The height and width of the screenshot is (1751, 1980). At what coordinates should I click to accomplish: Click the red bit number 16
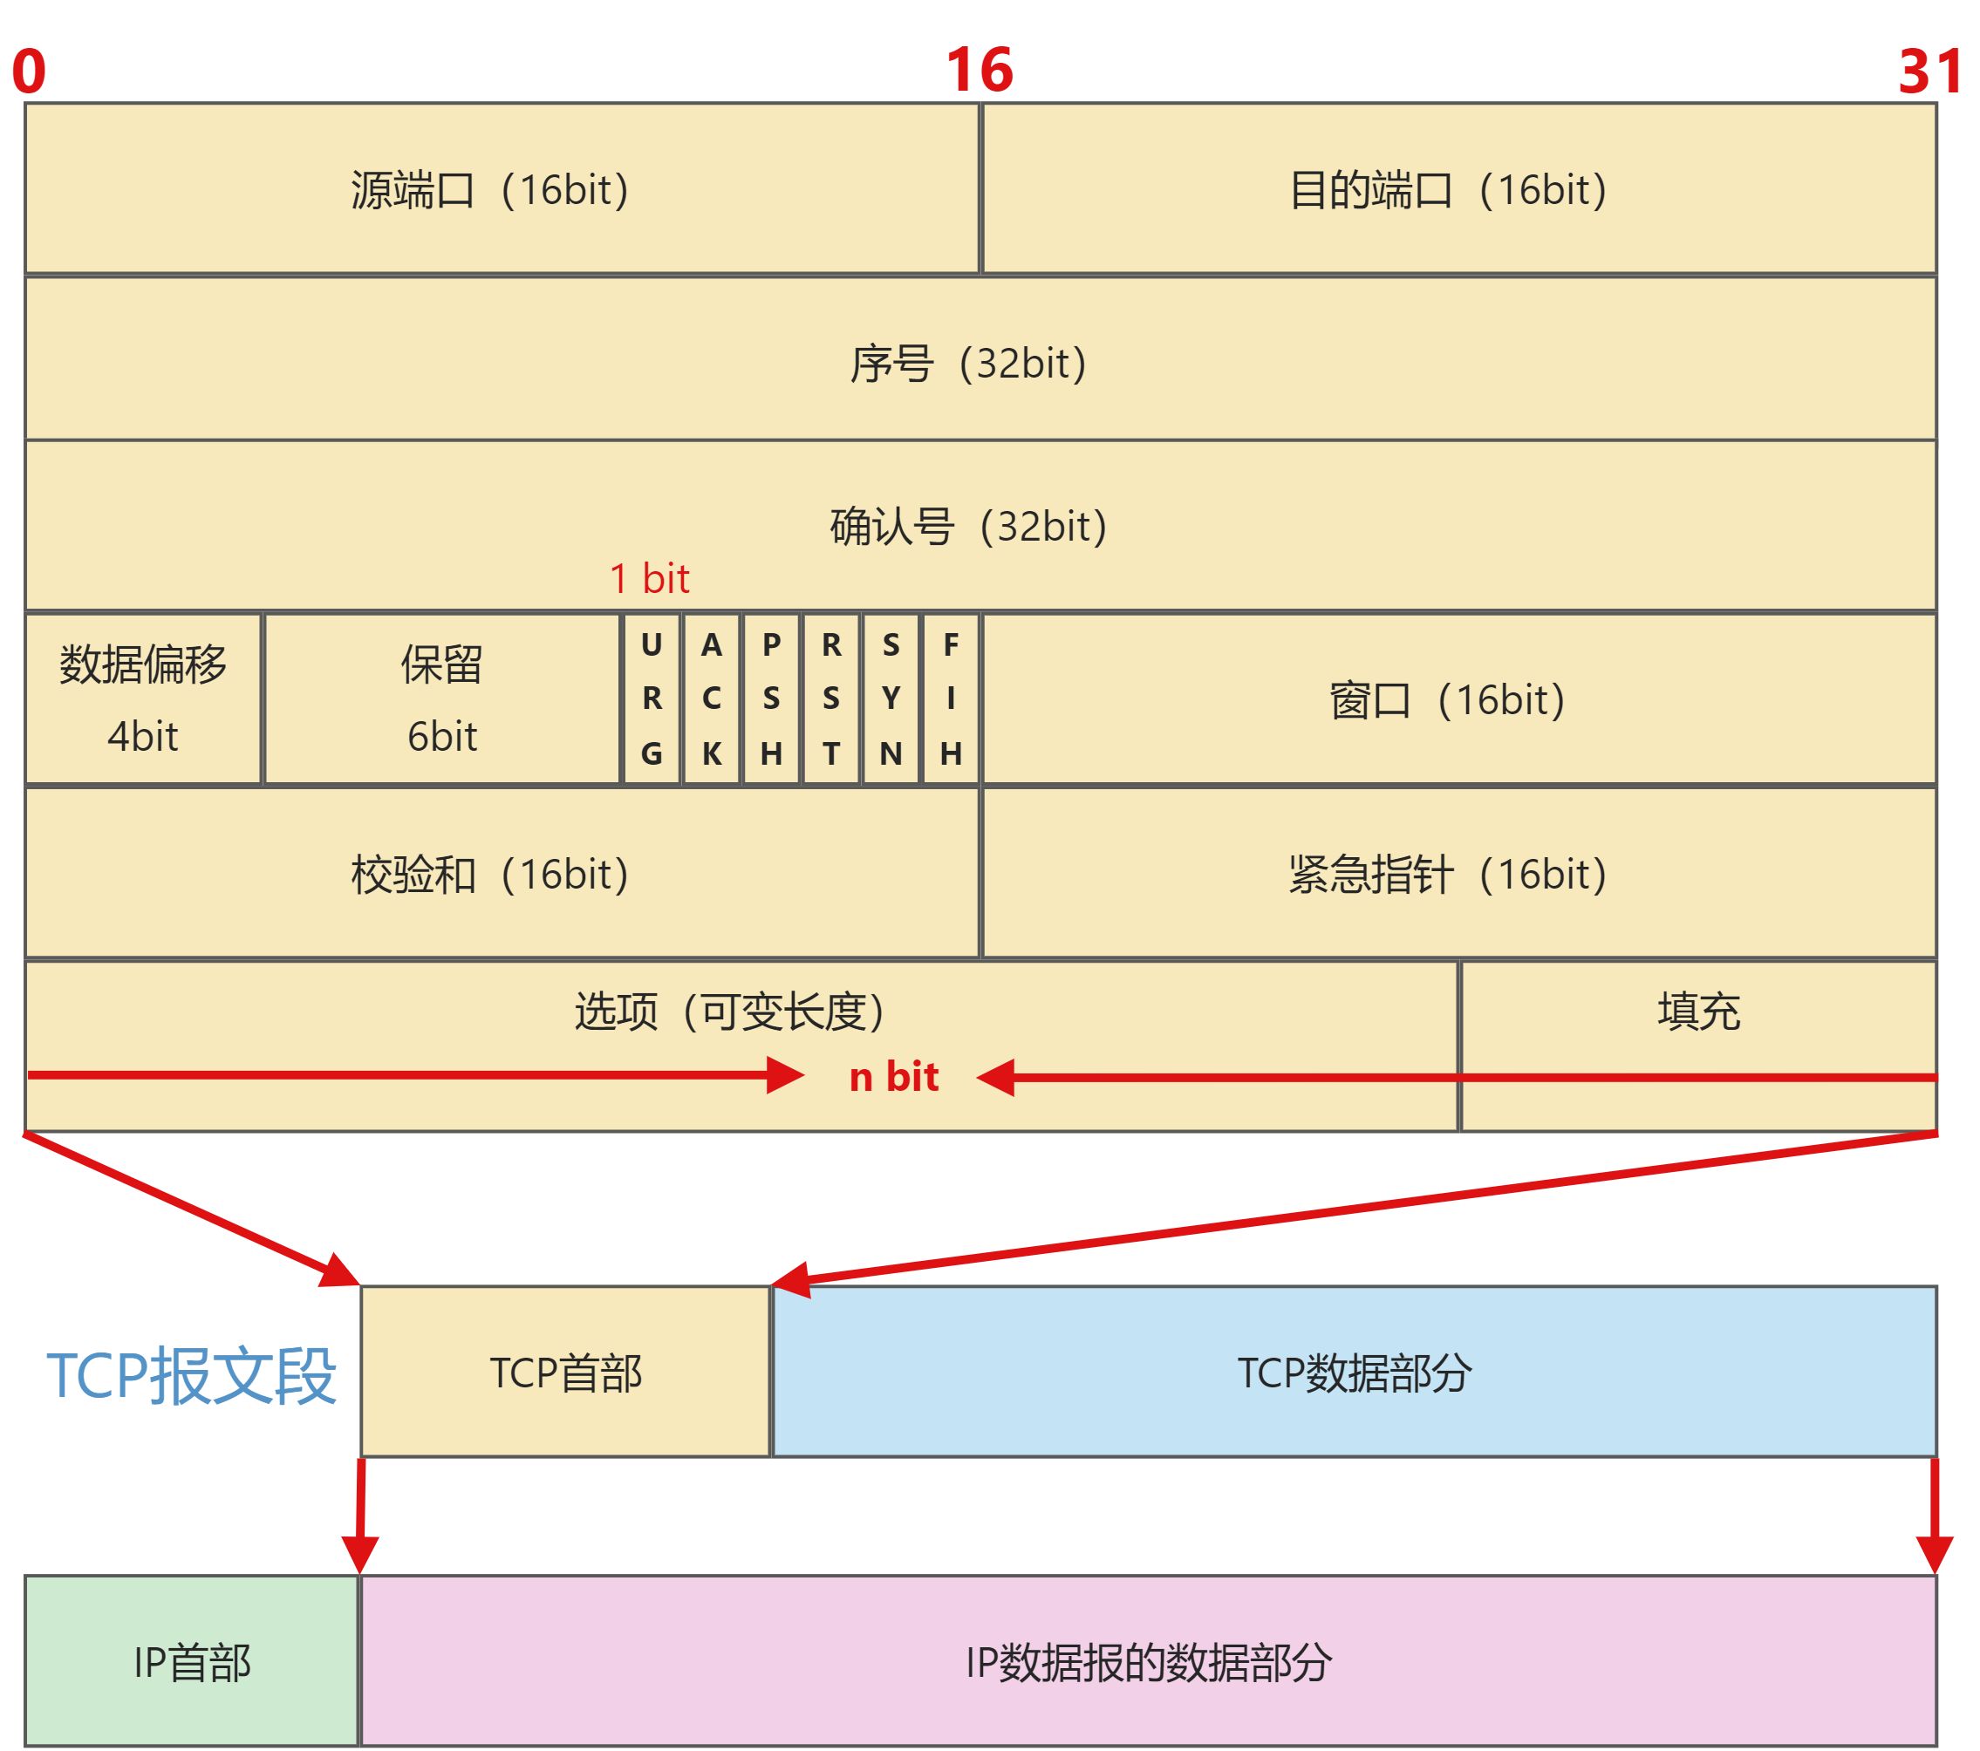tap(980, 70)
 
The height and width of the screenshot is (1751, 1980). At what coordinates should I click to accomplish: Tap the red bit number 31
tap(1928, 71)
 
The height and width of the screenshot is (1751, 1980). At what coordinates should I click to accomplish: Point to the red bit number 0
tap(29, 71)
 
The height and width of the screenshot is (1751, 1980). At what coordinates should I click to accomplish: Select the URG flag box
tap(652, 698)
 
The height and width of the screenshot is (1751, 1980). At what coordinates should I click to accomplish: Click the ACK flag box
tap(712, 698)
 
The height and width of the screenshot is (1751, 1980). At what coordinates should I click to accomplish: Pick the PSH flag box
tap(771, 698)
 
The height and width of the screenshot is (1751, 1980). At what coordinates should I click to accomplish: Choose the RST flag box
tap(831, 698)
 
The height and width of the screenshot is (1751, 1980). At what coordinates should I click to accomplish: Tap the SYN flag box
tap(891, 698)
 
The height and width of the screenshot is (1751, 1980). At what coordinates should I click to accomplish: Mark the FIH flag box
tap(952, 698)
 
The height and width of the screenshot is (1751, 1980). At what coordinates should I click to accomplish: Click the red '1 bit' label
tap(649, 578)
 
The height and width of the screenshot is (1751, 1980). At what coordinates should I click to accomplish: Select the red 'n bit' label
tap(893, 1077)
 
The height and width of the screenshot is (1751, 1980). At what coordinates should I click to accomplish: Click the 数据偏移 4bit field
tap(143, 698)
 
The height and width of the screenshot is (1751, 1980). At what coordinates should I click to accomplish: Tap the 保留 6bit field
tap(441, 698)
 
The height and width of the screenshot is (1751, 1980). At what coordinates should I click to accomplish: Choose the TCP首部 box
tap(566, 1373)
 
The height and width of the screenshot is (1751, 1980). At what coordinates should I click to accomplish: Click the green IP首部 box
tap(192, 1663)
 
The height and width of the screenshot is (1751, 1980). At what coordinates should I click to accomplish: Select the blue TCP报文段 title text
tap(192, 1374)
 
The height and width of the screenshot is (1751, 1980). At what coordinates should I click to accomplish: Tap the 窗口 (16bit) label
tap(1447, 699)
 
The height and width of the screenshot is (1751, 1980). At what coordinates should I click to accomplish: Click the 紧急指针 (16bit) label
tap(1447, 874)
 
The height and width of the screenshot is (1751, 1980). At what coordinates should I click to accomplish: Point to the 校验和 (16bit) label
tap(489, 874)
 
